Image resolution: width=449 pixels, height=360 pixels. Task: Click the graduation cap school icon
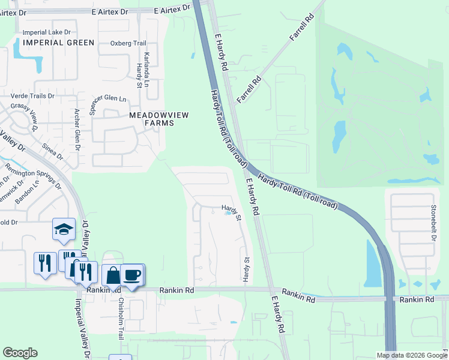point(64,229)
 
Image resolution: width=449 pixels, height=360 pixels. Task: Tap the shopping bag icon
point(113,275)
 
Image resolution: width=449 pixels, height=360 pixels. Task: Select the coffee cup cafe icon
point(132,275)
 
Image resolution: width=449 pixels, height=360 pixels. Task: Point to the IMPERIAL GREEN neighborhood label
point(59,43)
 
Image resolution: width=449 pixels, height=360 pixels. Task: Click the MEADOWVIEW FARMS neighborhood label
point(151,118)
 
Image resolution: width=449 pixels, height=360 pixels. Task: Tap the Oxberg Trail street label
point(128,43)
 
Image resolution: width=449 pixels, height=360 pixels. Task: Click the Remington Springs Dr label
point(32,176)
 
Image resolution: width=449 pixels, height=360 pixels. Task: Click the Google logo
point(20,353)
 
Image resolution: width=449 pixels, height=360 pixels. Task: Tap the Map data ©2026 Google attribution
point(412,355)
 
